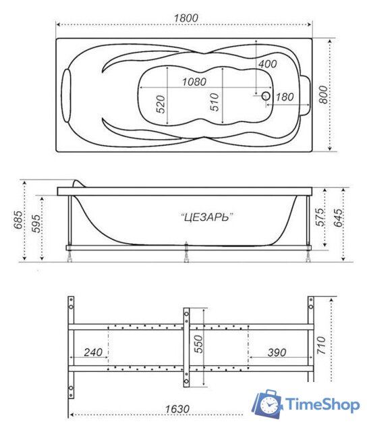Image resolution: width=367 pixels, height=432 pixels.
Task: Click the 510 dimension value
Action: (x=215, y=103)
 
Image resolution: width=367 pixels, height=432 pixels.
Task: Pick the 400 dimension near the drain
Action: (x=267, y=63)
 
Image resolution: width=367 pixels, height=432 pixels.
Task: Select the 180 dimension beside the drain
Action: (x=284, y=97)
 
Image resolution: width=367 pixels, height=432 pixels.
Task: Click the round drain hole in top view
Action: (x=266, y=96)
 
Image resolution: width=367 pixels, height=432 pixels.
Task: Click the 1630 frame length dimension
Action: (x=175, y=409)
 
